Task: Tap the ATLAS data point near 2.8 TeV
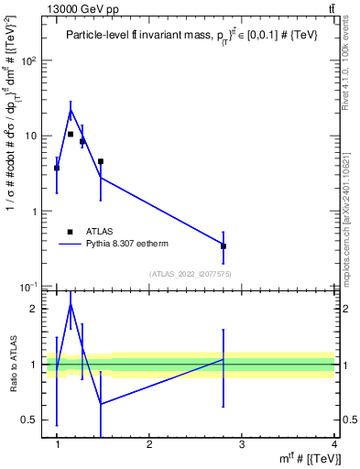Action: [224, 246]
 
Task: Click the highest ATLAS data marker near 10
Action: [71, 134]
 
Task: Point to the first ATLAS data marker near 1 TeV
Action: [57, 169]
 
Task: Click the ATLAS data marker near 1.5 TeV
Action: [101, 161]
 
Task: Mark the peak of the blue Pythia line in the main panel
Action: [71, 111]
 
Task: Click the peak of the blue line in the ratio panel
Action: [71, 304]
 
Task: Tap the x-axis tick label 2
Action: [150, 444]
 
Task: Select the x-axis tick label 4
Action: [334, 444]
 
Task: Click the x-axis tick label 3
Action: [242, 444]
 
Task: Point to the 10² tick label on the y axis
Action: [30, 61]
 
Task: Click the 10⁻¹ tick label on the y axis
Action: [30, 287]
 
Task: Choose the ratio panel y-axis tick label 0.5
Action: [31, 420]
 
